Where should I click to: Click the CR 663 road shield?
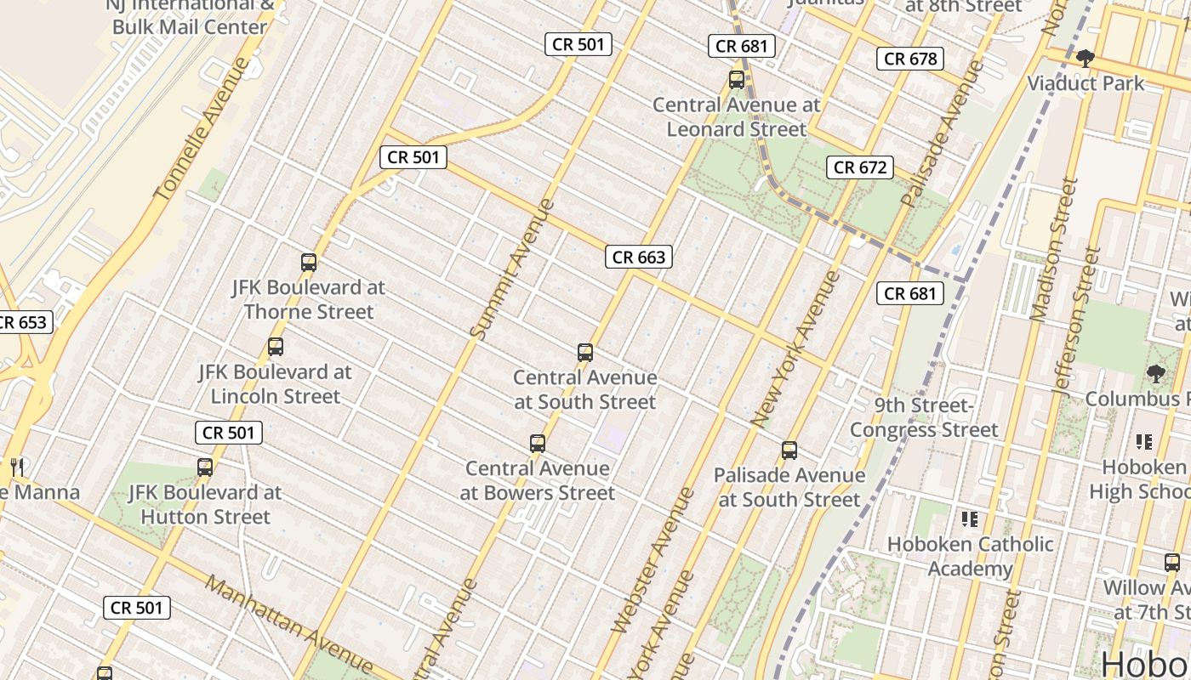(x=639, y=257)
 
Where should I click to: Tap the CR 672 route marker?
(x=860, y=167)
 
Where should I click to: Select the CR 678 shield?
(x=910, y=59)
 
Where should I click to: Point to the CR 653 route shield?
(x=23, y=323)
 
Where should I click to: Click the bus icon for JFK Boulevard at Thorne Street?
(x=309, y=263)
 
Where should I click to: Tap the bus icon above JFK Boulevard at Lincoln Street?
(x=275, y=347)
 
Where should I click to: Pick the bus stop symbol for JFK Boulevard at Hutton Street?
(x=205, y=467)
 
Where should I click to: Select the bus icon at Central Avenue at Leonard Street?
(x=737, y=80)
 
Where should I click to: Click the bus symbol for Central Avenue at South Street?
(x=585, y=353)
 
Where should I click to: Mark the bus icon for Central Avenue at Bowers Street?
(x=538, y=444)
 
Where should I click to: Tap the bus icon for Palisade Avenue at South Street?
(x=789, y=450)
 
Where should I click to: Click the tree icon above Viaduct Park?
(x=1085, y=59)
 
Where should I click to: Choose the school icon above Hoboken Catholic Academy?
(x=970, y=518)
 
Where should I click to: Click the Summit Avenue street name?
(x=512, y=269)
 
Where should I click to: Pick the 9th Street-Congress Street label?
(x=924, y=417)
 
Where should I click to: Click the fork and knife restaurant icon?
(x=16, y=467)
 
